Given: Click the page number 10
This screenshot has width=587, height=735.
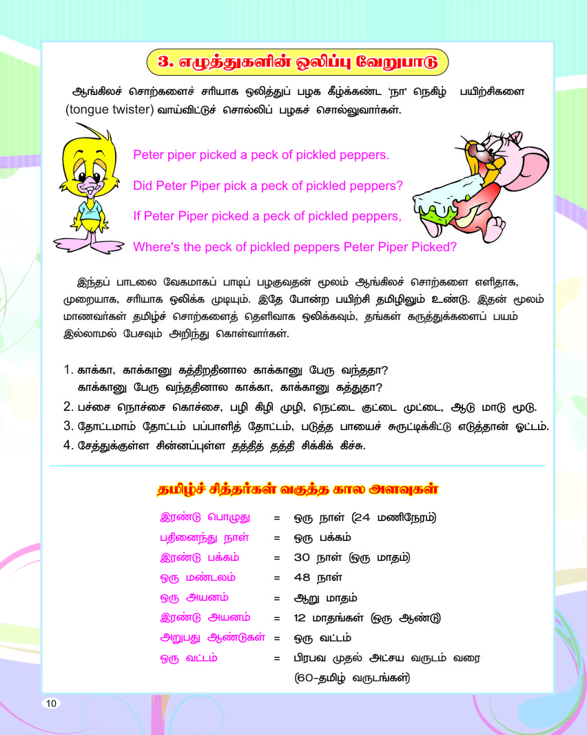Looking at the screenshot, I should [x=51, y=703].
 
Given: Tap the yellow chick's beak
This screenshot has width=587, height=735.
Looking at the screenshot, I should [x=88, y=185].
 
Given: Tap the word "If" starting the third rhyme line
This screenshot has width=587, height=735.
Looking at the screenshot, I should [x=137, y=216].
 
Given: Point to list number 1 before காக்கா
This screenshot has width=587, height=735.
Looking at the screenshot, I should [x=68, y=370].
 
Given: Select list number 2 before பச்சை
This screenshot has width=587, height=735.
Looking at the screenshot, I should [x=68, y=406].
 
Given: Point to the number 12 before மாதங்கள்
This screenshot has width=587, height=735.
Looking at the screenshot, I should [x=300, y=618].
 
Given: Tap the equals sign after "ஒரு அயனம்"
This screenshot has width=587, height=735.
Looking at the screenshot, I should [x=276, y=598].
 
